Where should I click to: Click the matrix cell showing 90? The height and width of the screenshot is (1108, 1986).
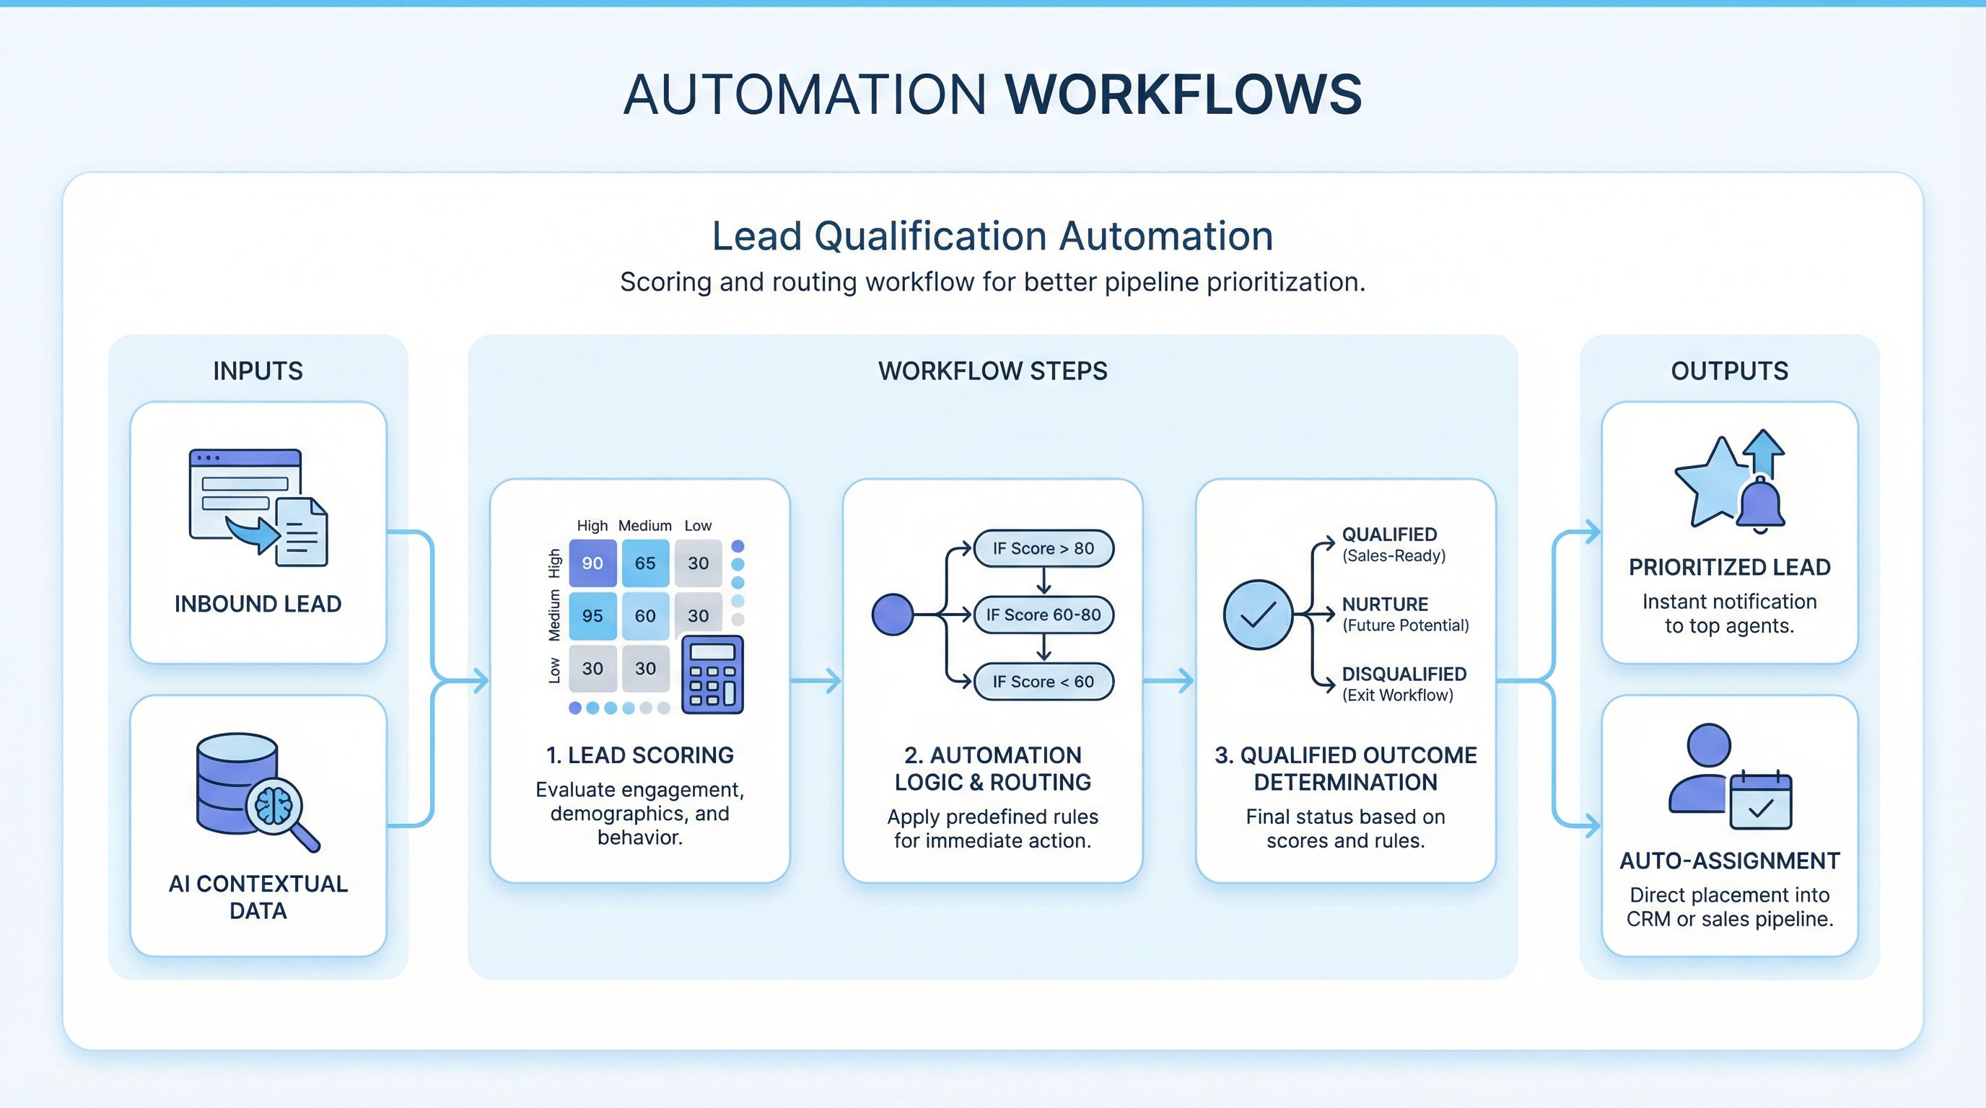point(592,563)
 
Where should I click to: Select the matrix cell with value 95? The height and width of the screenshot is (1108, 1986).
point(592,615)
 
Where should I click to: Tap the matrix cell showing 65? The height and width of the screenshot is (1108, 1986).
point(645,563)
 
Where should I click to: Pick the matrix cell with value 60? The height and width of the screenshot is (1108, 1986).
point(645,615)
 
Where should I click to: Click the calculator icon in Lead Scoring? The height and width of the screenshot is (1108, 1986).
point(712,674)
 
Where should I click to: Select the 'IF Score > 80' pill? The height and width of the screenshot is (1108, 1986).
point(1043,549)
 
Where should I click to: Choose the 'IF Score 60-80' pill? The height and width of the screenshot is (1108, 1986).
point(1043,615)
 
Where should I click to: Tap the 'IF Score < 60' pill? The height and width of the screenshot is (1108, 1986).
point(1043,682)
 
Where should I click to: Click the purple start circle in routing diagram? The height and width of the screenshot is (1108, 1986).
point(892,615)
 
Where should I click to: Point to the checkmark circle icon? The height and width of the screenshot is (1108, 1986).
point(1257,615)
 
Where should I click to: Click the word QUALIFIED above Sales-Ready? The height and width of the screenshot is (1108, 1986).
point(1389,535)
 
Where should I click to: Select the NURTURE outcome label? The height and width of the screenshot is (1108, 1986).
point(1385,604)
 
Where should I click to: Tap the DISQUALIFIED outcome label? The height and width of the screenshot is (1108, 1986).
point(1404,674)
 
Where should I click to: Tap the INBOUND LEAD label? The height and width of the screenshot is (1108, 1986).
point(258,604)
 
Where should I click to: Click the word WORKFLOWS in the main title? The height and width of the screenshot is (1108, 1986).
point(1184,95)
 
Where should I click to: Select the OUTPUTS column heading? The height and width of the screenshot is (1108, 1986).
point(1729,371)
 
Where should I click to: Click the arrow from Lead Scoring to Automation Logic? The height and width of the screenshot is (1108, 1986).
point(815,681)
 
